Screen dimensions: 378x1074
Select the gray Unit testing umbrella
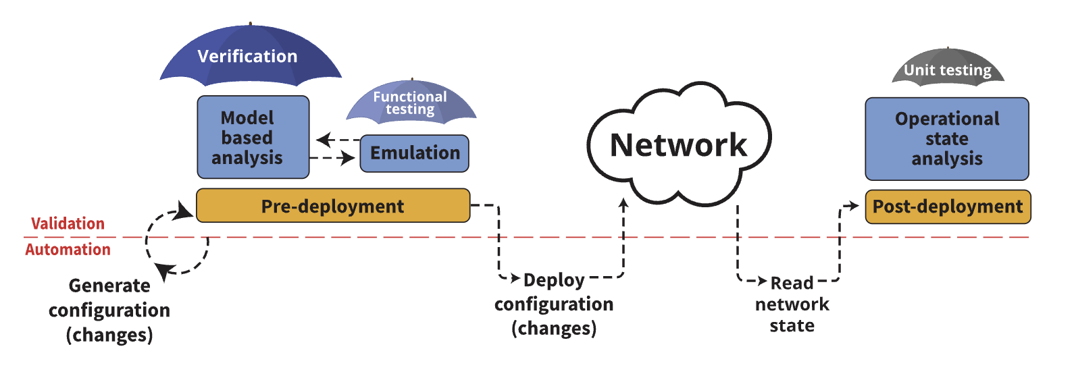(948, 69)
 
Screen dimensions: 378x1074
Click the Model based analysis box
(253, 138)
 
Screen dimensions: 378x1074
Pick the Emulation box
(414, 153)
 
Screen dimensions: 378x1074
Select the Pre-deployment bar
(332, 206)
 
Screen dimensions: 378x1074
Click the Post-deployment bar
(947, 207)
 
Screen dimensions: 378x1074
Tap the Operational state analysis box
(946, 139)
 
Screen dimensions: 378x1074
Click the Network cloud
(678, 145)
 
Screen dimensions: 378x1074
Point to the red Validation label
(68, 223)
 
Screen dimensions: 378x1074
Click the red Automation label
(68, 250)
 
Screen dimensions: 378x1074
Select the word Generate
(109, 286)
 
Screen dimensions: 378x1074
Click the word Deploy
(554, 279)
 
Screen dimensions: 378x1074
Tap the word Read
(792, 283)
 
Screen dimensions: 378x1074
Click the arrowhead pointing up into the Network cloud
(623, 202)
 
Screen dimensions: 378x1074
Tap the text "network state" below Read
(792, 315)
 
